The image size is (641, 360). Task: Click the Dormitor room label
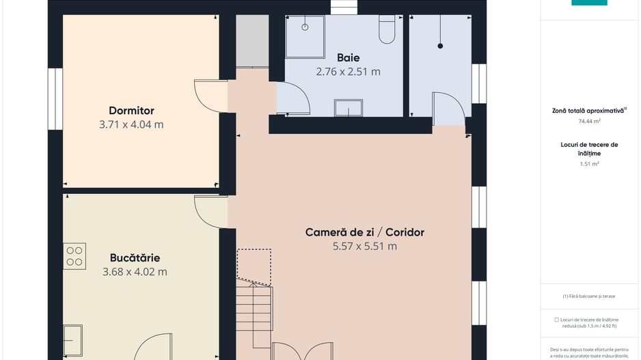131,111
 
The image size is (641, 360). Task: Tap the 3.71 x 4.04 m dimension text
131,124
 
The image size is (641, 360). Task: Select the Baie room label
348,57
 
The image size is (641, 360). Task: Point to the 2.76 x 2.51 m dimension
348,72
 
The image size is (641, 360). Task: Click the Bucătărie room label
135,258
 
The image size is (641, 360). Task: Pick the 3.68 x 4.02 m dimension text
135,272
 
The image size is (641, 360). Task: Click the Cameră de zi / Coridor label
365,232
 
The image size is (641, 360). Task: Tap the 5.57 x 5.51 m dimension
365,247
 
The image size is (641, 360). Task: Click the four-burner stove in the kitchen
74,256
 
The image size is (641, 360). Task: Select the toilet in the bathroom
387,29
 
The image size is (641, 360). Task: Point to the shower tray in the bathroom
305,37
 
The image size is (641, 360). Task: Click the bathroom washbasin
349,108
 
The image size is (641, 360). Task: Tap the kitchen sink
72,340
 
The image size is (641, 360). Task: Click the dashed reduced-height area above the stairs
254,266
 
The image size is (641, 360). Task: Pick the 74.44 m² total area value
589,122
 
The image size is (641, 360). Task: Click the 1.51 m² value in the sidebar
589,164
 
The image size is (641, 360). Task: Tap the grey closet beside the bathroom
252,41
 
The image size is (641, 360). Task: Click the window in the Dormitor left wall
55,98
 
